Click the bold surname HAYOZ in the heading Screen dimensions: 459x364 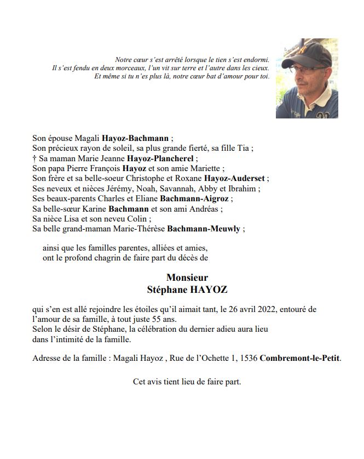point(207,289)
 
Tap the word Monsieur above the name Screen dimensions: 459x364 point(187,277)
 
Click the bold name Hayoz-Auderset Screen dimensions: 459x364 point(236,178)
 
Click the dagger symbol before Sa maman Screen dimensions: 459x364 point(34,158)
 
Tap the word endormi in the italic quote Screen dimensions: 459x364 point(256,59)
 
